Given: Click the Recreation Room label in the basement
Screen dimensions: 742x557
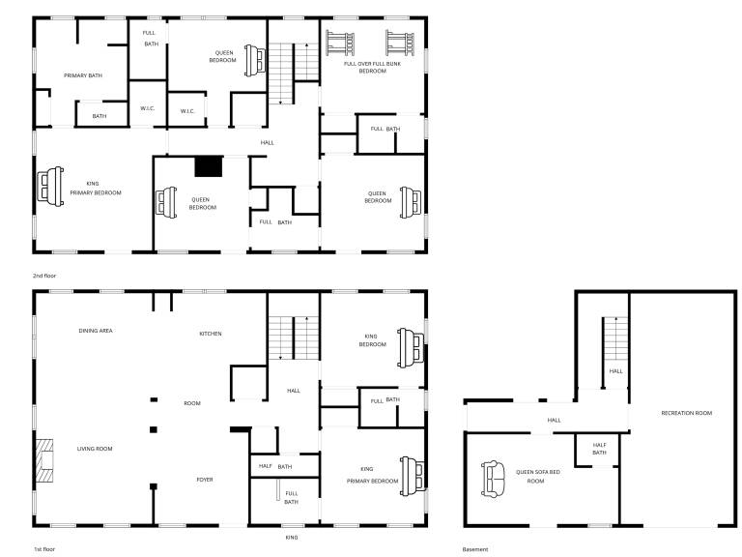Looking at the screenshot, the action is coord(686,413).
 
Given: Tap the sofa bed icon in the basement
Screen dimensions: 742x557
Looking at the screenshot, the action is coord(493,480).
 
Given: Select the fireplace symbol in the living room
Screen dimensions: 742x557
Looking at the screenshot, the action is coord(44,460).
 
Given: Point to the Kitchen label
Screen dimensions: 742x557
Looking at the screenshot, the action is coord(211,334).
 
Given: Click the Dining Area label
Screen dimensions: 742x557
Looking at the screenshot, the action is coord(96,331).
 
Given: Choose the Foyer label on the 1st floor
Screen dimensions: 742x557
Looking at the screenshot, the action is coord(205,480).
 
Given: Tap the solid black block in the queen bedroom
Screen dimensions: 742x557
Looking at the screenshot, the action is coord(209,166).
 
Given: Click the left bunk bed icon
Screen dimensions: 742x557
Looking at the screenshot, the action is coord(340,44).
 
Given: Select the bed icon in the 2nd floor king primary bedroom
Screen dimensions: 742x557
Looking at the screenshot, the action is coord(50,186).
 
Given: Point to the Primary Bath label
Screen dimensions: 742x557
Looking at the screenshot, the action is coord(83,75).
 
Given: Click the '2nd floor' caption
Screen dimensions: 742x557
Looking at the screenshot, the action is coord(44,276).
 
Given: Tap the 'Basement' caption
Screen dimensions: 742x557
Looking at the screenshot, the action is coord(475,549).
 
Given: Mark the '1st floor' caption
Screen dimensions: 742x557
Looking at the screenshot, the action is coord(44,549).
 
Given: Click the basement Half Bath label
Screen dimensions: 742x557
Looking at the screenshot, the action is coord(599,449).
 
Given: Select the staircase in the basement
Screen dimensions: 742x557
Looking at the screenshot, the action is coord(615,338).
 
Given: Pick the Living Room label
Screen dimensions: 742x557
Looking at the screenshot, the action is coord(95,449).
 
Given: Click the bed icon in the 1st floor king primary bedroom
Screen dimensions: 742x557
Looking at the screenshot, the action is coord(412,476).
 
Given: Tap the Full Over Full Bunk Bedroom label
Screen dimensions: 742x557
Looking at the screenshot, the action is coord(372,68).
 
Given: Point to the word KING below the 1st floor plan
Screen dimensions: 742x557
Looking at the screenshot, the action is coord(292,538).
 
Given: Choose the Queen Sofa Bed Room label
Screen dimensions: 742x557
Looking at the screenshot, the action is coord(537,477).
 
